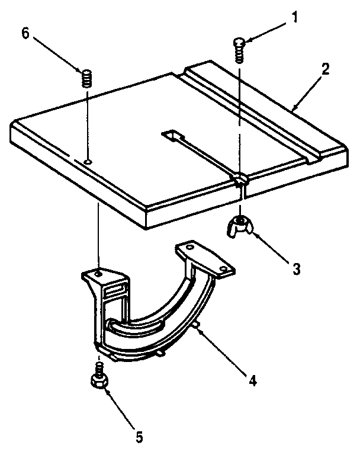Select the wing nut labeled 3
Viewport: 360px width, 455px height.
click(240, 226)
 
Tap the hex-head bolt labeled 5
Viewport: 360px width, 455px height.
click(99, 379)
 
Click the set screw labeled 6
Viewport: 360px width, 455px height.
click(87, 78)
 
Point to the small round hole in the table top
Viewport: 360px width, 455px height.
click(87, 161)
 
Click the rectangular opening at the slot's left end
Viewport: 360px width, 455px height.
click(171, 136)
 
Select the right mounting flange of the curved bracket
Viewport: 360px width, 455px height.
click(204, 257)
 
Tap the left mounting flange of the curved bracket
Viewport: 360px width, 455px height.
click(104, 277)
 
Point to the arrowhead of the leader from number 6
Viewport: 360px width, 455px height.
click(81, 71)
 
